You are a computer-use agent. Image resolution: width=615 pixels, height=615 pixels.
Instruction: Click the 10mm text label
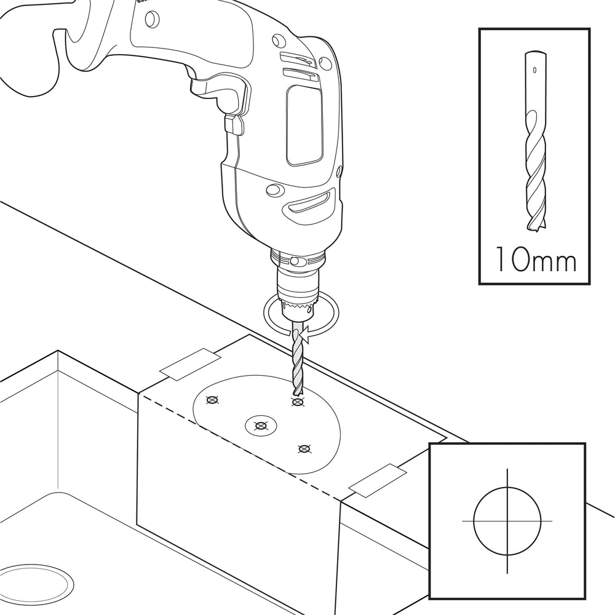tap(536, 259)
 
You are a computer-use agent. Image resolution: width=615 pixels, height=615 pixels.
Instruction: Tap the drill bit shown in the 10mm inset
tap(535, 141)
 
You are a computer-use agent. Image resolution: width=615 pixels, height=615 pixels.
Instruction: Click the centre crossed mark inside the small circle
tap(261, 426)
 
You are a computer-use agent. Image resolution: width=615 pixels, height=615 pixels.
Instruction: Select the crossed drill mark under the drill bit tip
tap(298, 402)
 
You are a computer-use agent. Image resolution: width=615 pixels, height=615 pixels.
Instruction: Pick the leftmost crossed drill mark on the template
tap(212, 400)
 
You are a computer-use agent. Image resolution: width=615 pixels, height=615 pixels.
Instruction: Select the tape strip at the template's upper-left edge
tap(190, 364)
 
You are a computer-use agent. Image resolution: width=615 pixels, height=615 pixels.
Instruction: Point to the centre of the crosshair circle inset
tap(507, 522)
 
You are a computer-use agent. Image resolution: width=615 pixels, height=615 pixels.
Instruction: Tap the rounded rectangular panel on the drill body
tap(304, 125)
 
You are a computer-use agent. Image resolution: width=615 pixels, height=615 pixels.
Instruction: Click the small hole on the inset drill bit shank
tap(534, 70)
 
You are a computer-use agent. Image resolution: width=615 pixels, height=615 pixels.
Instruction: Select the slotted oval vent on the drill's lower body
tap(311, 202)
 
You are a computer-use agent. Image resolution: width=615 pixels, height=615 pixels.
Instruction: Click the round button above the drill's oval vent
tap(276, 190)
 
